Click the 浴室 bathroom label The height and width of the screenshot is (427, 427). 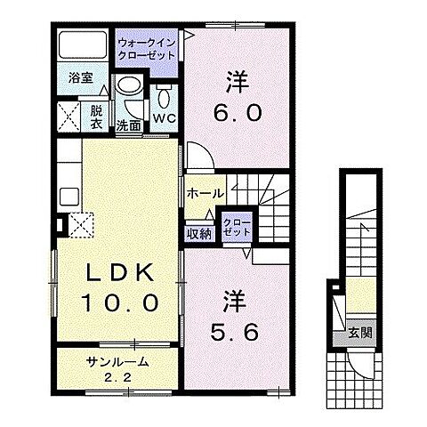pyautogui.click(x=81, y=77)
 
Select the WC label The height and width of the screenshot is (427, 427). pyautogui.click(x=165, y=116)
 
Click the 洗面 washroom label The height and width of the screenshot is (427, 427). pyautogui.click(x=129, y=125)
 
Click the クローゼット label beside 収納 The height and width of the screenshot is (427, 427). pyautogui.click(x=237, y=227)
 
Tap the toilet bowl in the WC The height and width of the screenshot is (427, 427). pyautogui.click(x=165, y=95)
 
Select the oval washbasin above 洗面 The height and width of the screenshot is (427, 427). pyautogui.click(x=129, y=90)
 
